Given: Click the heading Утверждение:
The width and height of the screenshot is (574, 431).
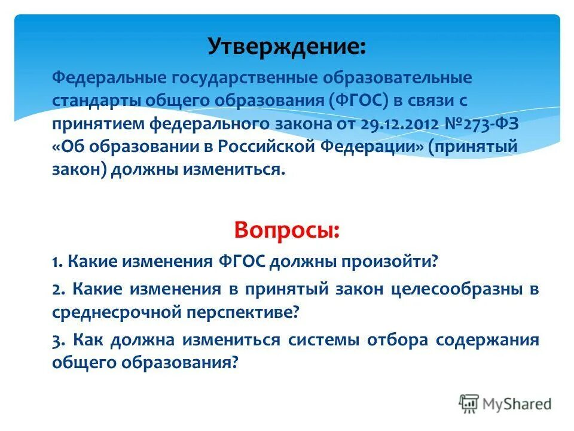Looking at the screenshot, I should coord(288,47).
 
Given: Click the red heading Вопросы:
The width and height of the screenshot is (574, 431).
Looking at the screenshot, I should coord(288,230).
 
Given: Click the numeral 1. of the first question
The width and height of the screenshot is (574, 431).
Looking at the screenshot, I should coord(57,262).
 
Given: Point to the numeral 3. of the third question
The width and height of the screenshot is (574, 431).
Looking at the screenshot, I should coord(58,341).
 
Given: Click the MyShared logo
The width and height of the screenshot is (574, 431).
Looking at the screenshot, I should coord(505,403).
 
